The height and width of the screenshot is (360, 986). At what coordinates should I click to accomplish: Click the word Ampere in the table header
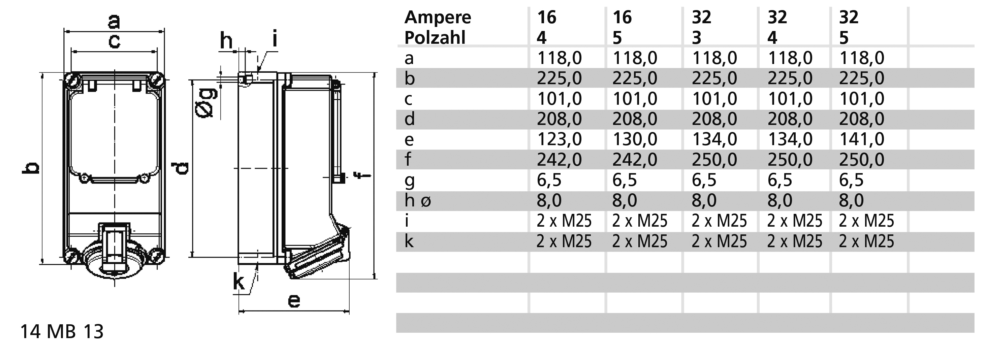[x=438, y=18]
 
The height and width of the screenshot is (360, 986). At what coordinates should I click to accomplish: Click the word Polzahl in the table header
[x=435, y=38]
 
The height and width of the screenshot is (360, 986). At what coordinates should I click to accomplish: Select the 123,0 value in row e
[x=559, y=139]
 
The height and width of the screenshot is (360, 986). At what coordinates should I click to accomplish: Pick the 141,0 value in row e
[x=862, y=139]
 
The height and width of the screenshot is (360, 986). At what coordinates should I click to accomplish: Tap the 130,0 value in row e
[x=635, y=139]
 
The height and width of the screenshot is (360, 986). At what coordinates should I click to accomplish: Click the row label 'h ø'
[x=418, y=200]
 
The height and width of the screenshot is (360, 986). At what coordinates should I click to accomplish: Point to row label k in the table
[x=409, y=241]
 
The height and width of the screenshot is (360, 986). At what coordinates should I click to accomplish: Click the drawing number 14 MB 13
[x=62, y=332]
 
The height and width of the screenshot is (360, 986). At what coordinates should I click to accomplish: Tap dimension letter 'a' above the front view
[x=114, y=22]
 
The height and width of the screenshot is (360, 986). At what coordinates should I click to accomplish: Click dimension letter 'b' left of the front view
[x=30, y=168]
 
